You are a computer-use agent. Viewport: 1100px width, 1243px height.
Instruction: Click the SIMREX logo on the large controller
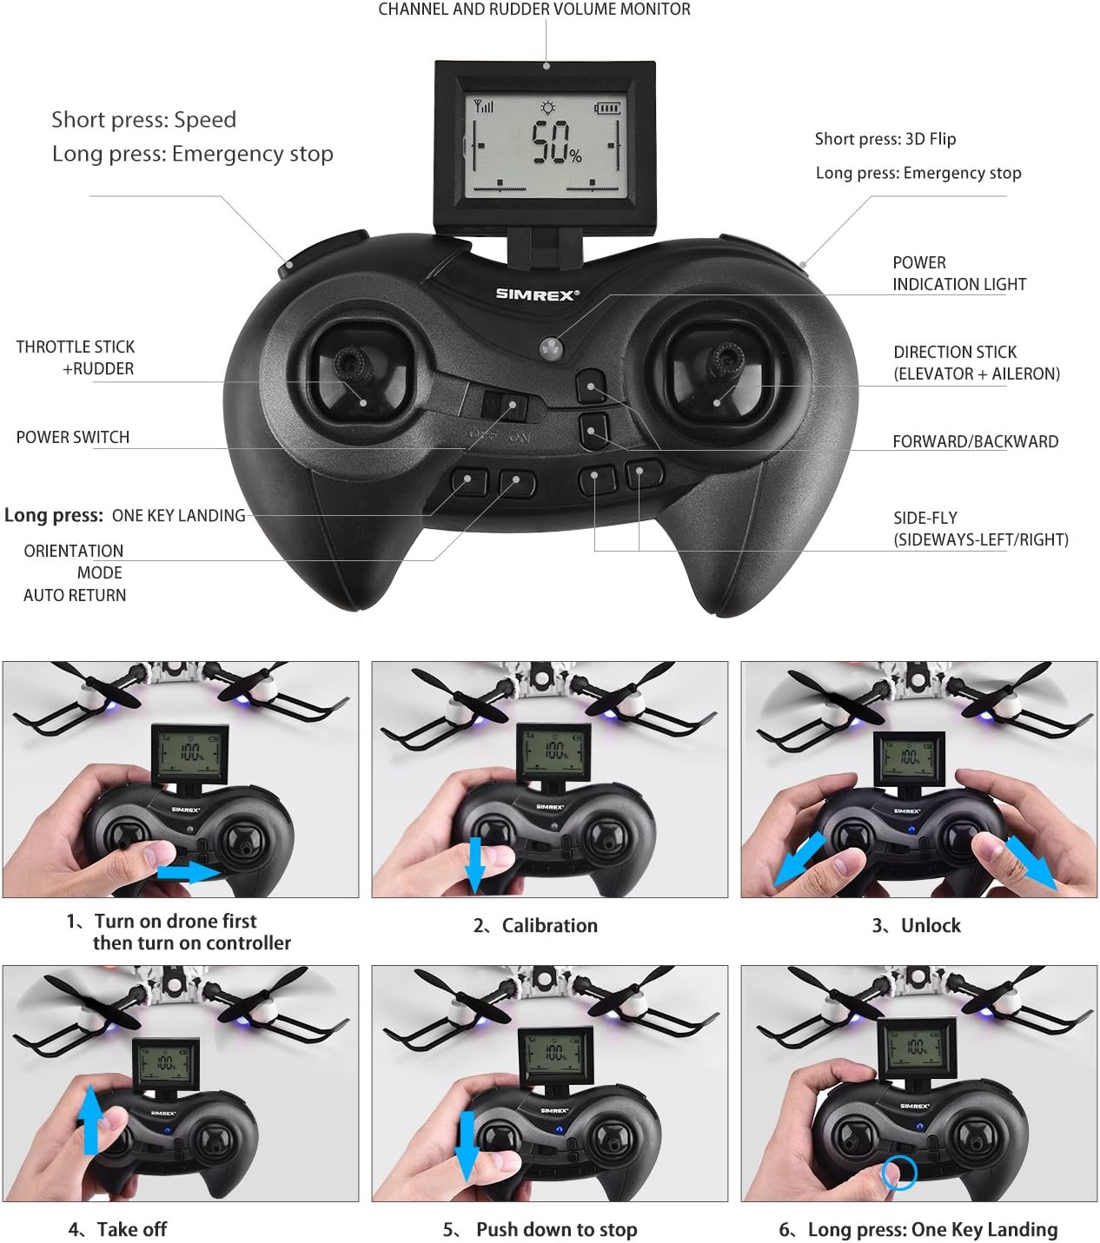[x=537, y=294]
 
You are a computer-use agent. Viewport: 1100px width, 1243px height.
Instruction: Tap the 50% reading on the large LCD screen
[x=556, y=143]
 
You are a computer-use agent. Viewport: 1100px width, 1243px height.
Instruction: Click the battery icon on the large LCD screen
[x=607, y=109]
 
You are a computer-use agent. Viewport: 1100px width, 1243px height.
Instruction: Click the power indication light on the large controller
[x=551, y=348]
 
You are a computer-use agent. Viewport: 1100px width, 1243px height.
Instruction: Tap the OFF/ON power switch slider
[x=506, y=407]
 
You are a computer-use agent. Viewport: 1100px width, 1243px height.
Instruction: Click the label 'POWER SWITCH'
[x=73, y=438]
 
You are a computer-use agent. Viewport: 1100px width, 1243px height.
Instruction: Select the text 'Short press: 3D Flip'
[x=885, y=139]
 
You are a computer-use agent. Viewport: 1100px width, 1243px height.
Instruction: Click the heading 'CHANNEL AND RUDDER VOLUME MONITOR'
[x=534, y=10]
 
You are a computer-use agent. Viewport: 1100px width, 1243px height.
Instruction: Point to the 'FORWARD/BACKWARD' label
[x=975, y=441]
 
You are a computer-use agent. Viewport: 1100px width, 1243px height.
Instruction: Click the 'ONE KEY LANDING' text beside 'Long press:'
[x=178, y=516]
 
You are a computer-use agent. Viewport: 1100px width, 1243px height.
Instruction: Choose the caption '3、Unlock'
[x=916, y=926]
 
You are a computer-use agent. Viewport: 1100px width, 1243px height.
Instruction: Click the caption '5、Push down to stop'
[x=540, y=1230]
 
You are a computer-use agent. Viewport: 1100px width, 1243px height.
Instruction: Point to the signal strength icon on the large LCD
[x=483, y=107]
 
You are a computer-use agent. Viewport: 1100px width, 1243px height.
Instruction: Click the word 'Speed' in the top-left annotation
[x=205, y=120]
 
